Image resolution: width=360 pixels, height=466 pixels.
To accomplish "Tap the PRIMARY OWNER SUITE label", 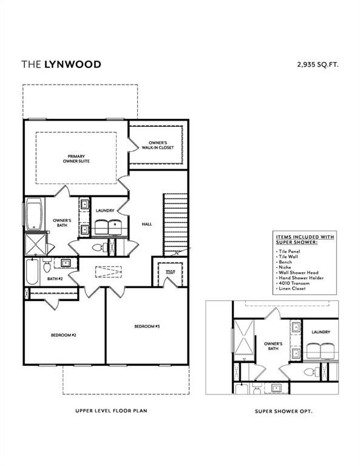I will coord(76,158).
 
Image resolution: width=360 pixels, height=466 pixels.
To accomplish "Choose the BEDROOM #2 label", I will coord(63,334).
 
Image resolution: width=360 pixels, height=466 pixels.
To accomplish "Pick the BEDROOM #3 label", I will coord(146,327).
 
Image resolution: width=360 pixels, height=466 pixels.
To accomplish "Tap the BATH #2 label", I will coord(56,279).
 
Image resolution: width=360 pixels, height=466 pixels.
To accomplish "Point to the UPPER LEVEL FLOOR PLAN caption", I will coord(111,411).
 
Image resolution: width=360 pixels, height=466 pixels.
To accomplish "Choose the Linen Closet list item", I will coord(292,288).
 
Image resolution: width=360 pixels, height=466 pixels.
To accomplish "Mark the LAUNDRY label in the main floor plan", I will coord(105,211).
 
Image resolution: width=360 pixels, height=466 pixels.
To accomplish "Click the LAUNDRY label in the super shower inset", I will coord(321,332).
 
